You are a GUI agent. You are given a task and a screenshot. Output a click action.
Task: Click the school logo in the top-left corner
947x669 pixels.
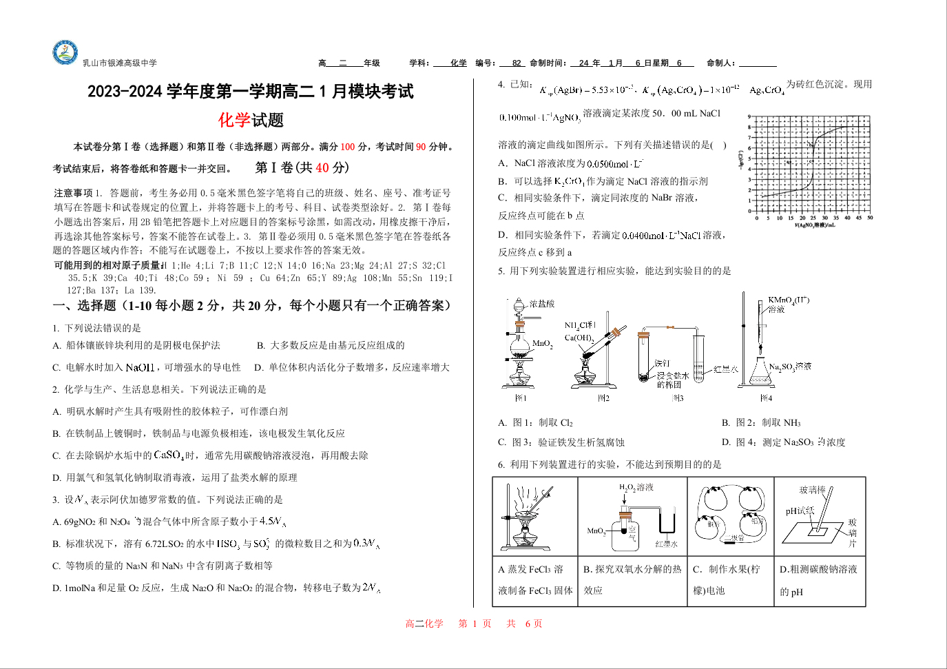pos(65,53)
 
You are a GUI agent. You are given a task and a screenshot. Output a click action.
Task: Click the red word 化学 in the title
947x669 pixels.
pos(234,121)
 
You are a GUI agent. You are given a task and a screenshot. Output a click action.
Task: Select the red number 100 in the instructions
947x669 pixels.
pos(348,147)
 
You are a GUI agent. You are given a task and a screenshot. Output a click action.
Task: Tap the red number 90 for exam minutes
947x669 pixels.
pos(421,147)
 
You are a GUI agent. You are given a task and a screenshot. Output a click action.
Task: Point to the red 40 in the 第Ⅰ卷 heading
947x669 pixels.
pos(322,167)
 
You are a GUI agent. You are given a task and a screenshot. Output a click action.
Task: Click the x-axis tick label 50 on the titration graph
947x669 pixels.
pos(870,218)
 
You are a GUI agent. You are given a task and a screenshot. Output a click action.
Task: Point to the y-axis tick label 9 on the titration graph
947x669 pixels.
pos(750,117)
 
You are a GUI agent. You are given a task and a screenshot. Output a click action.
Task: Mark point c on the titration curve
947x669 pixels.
pos(813,161)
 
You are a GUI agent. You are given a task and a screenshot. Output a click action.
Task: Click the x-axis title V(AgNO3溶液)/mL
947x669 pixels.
pos(815,225)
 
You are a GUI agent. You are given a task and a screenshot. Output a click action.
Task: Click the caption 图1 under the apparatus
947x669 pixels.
pos(521,398)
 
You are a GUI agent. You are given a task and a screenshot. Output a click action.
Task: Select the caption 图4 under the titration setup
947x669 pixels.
pos(766,398)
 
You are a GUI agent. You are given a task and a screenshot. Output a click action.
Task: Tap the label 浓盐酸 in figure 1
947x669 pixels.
pos(542,304)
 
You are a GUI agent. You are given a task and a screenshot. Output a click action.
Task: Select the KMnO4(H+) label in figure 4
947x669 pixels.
pos(789,300)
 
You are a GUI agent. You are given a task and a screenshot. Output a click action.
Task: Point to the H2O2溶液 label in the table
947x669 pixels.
pos(636,487)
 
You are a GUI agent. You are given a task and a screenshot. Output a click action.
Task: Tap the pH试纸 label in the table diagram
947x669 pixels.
pos(800,511)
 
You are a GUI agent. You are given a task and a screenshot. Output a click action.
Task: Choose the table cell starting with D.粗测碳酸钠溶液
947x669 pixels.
pos(819,580)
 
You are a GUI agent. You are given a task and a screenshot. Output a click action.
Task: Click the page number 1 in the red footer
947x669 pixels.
pos(475,624)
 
